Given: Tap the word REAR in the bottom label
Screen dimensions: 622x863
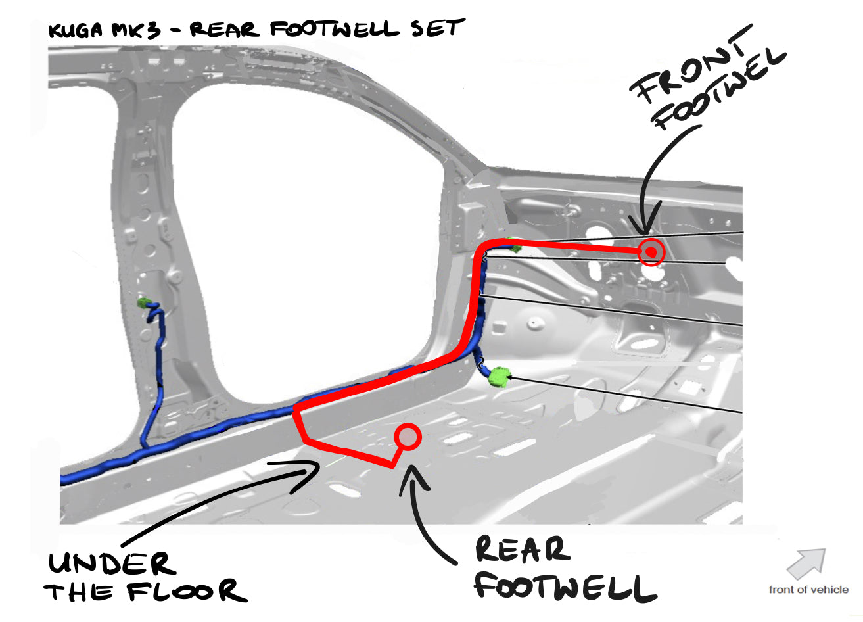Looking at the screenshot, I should [x=521, y=550].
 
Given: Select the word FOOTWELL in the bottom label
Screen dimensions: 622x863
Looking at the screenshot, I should [x=565, y=586].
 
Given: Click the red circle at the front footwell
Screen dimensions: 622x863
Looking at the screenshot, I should [x=651, y=252].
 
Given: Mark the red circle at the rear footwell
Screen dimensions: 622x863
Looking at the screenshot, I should [x=408, y=436].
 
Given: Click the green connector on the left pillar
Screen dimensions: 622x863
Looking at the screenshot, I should [x=144, y=303].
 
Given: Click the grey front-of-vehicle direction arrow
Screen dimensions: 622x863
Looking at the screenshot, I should [x=806, y=563].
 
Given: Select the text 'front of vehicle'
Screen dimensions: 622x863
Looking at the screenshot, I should [x=808, y=590].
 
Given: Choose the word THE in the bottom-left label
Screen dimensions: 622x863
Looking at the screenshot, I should [x=82, y=592].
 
